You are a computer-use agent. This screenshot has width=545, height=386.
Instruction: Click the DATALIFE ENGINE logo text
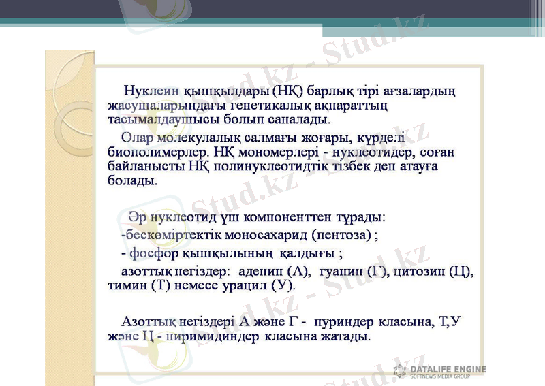(448, 369)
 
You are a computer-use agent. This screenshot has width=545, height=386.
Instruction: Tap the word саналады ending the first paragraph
(299, 119)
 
